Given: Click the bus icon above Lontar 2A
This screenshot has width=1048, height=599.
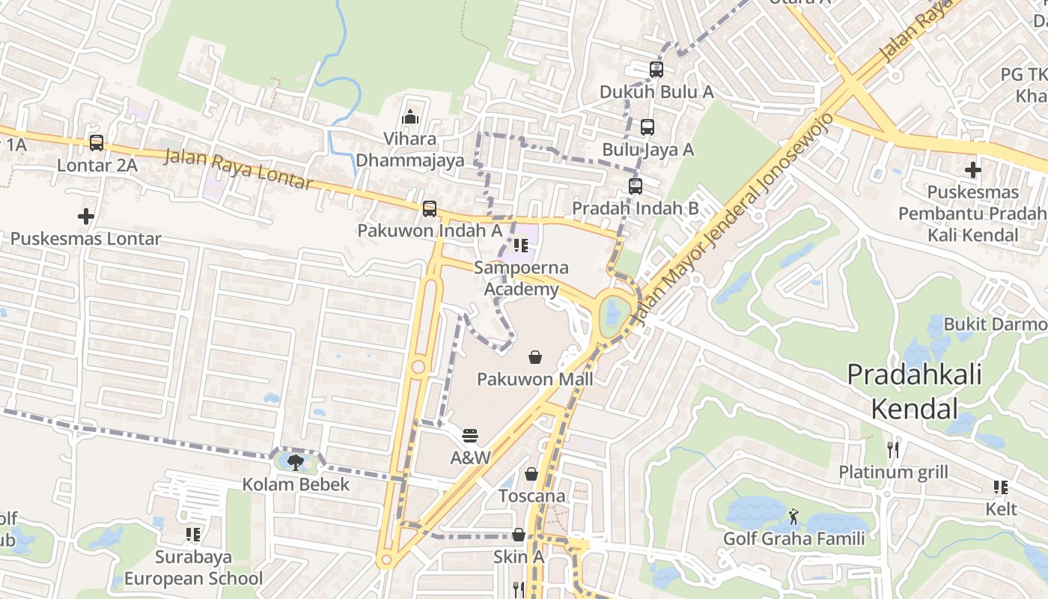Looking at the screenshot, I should click(97, 142).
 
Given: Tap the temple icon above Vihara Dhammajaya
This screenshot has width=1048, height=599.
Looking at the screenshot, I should click(409, 117).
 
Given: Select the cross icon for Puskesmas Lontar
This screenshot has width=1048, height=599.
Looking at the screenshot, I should click(86, 216).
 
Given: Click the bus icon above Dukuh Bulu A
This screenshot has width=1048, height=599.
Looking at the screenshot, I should click(656, 70).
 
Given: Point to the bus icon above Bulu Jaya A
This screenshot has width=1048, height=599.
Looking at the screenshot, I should click(648, 127).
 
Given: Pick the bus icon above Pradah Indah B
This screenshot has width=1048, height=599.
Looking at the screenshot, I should click(636, 186).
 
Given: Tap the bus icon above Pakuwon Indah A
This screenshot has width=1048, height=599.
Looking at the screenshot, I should click(430, 209).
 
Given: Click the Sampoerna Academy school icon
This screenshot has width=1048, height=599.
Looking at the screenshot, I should click(521, 246).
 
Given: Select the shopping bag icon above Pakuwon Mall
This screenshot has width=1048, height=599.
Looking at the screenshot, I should click(535, 357).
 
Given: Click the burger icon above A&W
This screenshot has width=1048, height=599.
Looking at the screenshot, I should click(470, 435).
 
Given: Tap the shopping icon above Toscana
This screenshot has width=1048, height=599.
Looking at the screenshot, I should click(531, 474).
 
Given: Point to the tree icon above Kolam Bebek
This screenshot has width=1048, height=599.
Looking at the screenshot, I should click(296, 462).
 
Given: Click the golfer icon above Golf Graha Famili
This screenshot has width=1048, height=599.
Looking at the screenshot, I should click(793, 516).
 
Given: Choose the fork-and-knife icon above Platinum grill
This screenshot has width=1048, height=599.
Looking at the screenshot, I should click(892, 450).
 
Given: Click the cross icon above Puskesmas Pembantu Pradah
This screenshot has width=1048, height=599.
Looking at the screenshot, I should click(973, 170).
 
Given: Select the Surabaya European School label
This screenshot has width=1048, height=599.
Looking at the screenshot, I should click(193, 568).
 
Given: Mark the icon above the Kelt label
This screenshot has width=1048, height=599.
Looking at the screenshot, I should click(1001, 487).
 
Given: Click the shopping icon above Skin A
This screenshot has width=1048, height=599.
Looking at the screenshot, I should click(518, 535).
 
